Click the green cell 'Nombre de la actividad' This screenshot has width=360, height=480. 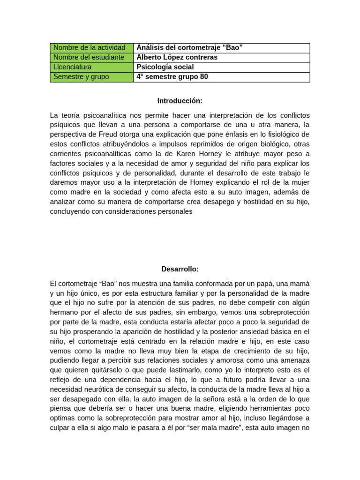point(91,48)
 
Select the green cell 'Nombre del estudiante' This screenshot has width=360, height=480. point(91,58)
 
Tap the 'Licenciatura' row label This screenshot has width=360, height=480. point(91,67)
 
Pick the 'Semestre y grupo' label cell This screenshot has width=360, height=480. point(91,77)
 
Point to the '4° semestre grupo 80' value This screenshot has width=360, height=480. point(172,77)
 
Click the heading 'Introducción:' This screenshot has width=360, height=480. point(180,101)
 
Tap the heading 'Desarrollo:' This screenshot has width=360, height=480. point(180,269)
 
